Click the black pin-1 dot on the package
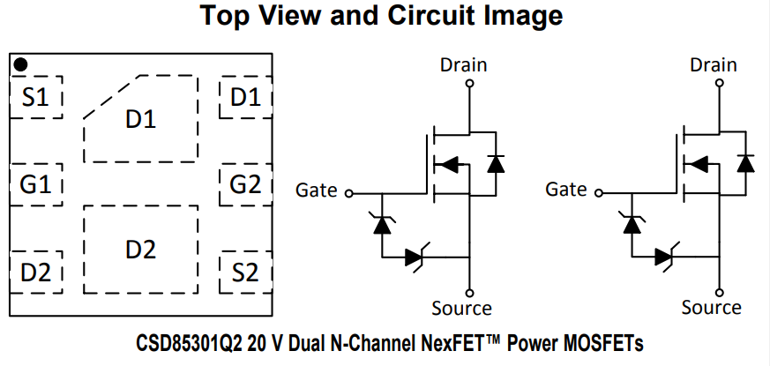(x=20, y=64)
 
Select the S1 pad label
(x=36, y=97)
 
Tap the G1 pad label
(x=36, y=184)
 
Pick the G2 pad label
(x=245, y=184)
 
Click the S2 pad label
(x=245, y=273)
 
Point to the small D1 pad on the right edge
(x=245, y=97)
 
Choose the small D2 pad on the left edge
(x=36, y=273)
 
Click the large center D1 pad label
(x=141, y=119)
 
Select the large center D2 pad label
(x=141, y=250)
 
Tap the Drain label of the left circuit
(x=464, y=65)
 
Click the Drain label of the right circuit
(x=714, y=65)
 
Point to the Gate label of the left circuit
(x=317, y=190)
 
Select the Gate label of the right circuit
(x=566, y=190)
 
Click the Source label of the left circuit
(x=461, y=308)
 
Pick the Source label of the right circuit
(x=712, y=308)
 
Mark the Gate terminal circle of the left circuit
(x=349, y=193)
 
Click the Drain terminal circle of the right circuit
(x=720, y=83)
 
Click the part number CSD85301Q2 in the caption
(x=189, y=343)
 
